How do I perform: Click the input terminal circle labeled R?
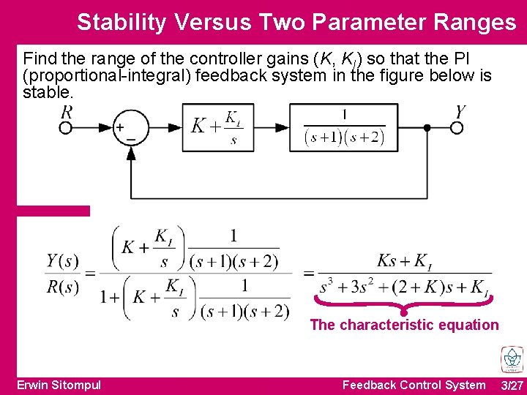click(x=66, y=128)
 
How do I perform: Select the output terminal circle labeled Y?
click(x=457, y=128)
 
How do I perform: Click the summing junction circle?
click(x=131, y=128)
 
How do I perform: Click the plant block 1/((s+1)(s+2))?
click(x=344, y=128)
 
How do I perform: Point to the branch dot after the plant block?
click(x=427, y=128)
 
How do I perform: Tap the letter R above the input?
click(x=67, y=112)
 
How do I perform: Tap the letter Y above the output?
click(x=460, y=112)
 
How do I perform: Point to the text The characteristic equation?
click(x=404, y=325)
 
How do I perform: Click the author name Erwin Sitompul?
click(x=59, y=385)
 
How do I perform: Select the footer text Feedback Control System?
click(x=414, y=385)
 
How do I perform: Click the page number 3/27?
click(x=512, y=385)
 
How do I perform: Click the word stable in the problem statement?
click(x=48, y=94)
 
